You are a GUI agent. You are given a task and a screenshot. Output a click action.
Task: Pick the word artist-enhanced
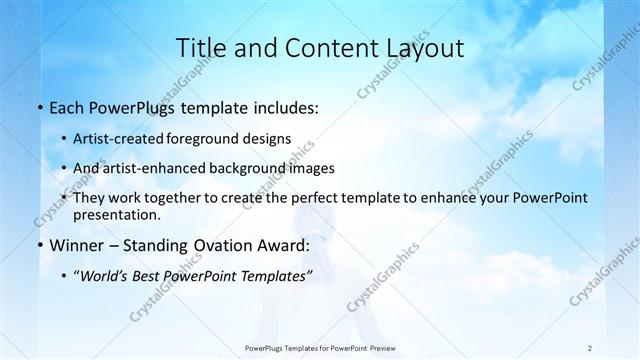coord(169,168)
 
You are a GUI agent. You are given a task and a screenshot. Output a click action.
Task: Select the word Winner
coord(80,245)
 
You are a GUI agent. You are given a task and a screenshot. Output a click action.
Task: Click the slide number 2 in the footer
coord(591,347)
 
